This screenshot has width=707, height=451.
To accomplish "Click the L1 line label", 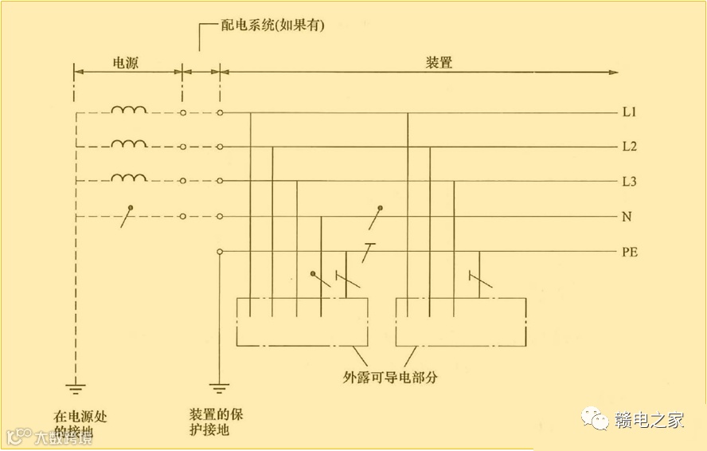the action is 629,112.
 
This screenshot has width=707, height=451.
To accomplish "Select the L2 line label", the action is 629,147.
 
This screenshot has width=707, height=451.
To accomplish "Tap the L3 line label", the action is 629,182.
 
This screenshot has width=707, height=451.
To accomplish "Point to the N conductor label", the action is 627,217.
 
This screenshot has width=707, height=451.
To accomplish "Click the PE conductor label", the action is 630,253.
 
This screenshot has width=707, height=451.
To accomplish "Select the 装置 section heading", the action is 439,62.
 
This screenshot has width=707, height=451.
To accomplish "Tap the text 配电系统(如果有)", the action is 273,25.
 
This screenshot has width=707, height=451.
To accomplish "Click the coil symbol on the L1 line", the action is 128,110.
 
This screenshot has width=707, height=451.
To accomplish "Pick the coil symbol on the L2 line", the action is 128,144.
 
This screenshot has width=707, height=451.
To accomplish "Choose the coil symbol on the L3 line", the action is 128,178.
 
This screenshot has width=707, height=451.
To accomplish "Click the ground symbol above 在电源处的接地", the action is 76,390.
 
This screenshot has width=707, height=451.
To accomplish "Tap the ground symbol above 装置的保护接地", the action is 219,390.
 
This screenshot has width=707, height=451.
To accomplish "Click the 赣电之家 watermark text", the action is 649,421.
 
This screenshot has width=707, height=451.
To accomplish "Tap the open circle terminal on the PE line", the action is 220,252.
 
